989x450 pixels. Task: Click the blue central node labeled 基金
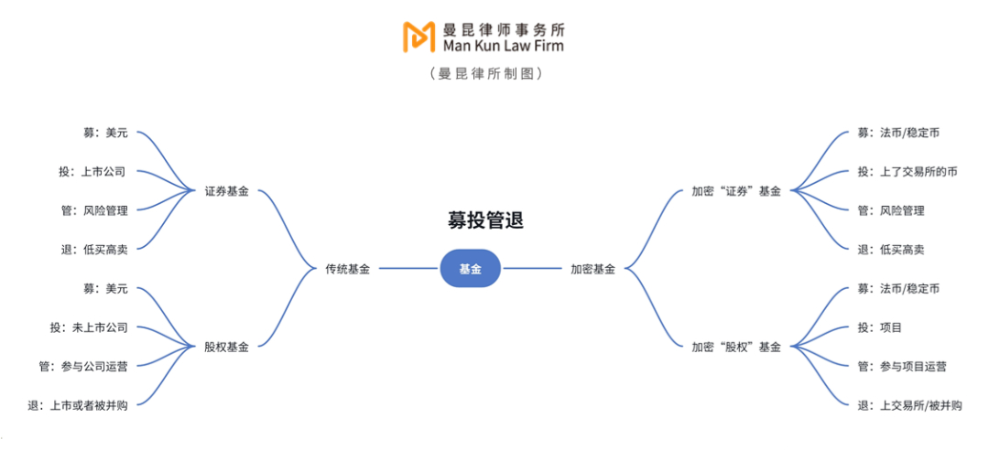pyautogui.click(x=470, y=269)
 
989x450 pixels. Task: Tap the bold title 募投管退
pyautogui.click(x=483, y=221)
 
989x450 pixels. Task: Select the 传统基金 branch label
pyautogui.click(x=348, y=269)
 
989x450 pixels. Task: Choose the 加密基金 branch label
pyautogui.click(x=592, y=269)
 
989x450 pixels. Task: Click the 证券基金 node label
pyautogui.click(x=226, y=191)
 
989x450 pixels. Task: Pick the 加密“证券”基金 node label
pyautogui.click(x=736, y=191)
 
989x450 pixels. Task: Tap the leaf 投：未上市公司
pyautogui.click(x=89, y=327)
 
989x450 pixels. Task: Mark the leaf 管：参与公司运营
pyautogui.click(x=83, y=366)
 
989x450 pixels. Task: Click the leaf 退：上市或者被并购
pyautogui.click(x=78, y=405)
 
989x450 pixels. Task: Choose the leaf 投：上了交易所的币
pyautogui.click(x=907, y=172)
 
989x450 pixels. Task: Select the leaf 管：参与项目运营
pyautogui.click(x=902, y=366)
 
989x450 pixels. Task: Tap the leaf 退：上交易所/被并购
pyautogui.click(x=910, y=405)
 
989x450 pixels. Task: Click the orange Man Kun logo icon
pyautogui.click(x=419, y=37)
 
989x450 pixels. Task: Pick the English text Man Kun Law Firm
pyautogui.click(x=504, y=46)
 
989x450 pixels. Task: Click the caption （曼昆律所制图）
pyautogui.click(x=485, y=74)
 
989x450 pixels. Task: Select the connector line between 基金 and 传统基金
pyautogui.click(x=409, y=269)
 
